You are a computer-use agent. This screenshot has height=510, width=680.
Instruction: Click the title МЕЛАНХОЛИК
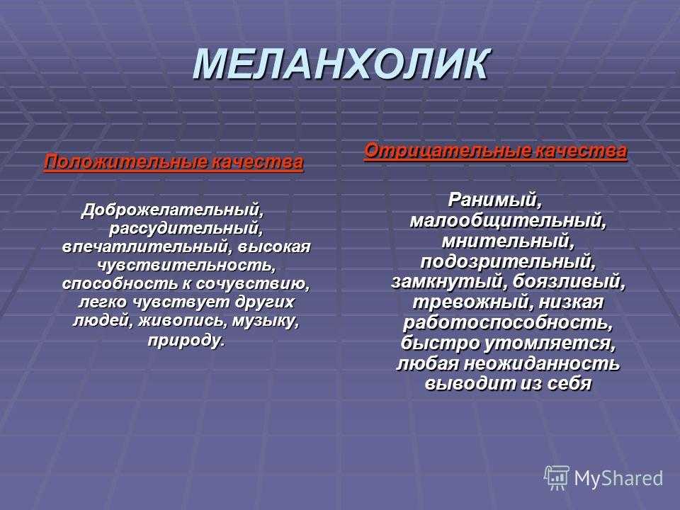341,64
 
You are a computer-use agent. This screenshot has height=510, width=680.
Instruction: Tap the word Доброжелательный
173,211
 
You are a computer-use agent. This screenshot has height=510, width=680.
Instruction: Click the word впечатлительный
145,246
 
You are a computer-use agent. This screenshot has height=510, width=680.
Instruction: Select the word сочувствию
253,284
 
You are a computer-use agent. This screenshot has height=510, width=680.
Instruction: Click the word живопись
183,322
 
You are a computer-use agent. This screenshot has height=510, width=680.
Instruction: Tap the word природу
186,340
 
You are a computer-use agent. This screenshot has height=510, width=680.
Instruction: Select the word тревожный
472,302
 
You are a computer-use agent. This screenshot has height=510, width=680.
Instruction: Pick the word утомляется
550,343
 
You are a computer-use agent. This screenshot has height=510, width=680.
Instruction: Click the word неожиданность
542,363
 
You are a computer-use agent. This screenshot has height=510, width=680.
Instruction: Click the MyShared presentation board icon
557,478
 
